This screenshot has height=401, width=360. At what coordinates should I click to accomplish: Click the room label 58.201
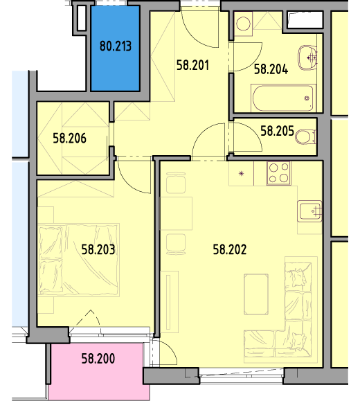click(x=192, y=65)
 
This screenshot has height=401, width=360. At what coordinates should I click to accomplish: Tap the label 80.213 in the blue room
click(x=116, y=46)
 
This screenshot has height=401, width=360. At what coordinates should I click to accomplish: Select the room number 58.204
click(x=271, y=69)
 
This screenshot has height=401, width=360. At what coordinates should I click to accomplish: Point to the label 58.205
click(x=277, y=131)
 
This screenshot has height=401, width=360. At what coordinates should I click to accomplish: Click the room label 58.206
click(x=69, y=138)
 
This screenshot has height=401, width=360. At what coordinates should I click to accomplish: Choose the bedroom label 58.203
click(x=98, y=249)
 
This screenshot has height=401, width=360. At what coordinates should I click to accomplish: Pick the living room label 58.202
click(x=230, y=249)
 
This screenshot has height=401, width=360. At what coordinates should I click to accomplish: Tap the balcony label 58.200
click(x=98, y=359)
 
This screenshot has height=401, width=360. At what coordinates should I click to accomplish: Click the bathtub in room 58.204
click(x=283, y=98)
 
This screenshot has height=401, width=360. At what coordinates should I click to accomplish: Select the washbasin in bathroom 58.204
click(x=307, y=57)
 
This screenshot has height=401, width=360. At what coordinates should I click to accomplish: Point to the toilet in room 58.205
click(x=305, y=137)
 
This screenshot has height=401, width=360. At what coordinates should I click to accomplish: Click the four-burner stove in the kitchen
click(x=279, y=173)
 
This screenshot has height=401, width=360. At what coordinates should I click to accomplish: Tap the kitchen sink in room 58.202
click(x=309, y=211)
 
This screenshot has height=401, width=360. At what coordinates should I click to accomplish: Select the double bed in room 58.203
click(x=78, y=260)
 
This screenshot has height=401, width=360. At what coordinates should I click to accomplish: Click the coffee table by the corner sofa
click(x=256, y=294)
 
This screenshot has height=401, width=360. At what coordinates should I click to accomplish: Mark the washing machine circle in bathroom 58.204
click(x=243, y=24)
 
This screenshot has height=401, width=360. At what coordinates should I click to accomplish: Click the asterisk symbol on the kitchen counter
click(x=241, y=174)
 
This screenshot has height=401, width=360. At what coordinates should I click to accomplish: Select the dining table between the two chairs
click(x=176, y=213)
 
